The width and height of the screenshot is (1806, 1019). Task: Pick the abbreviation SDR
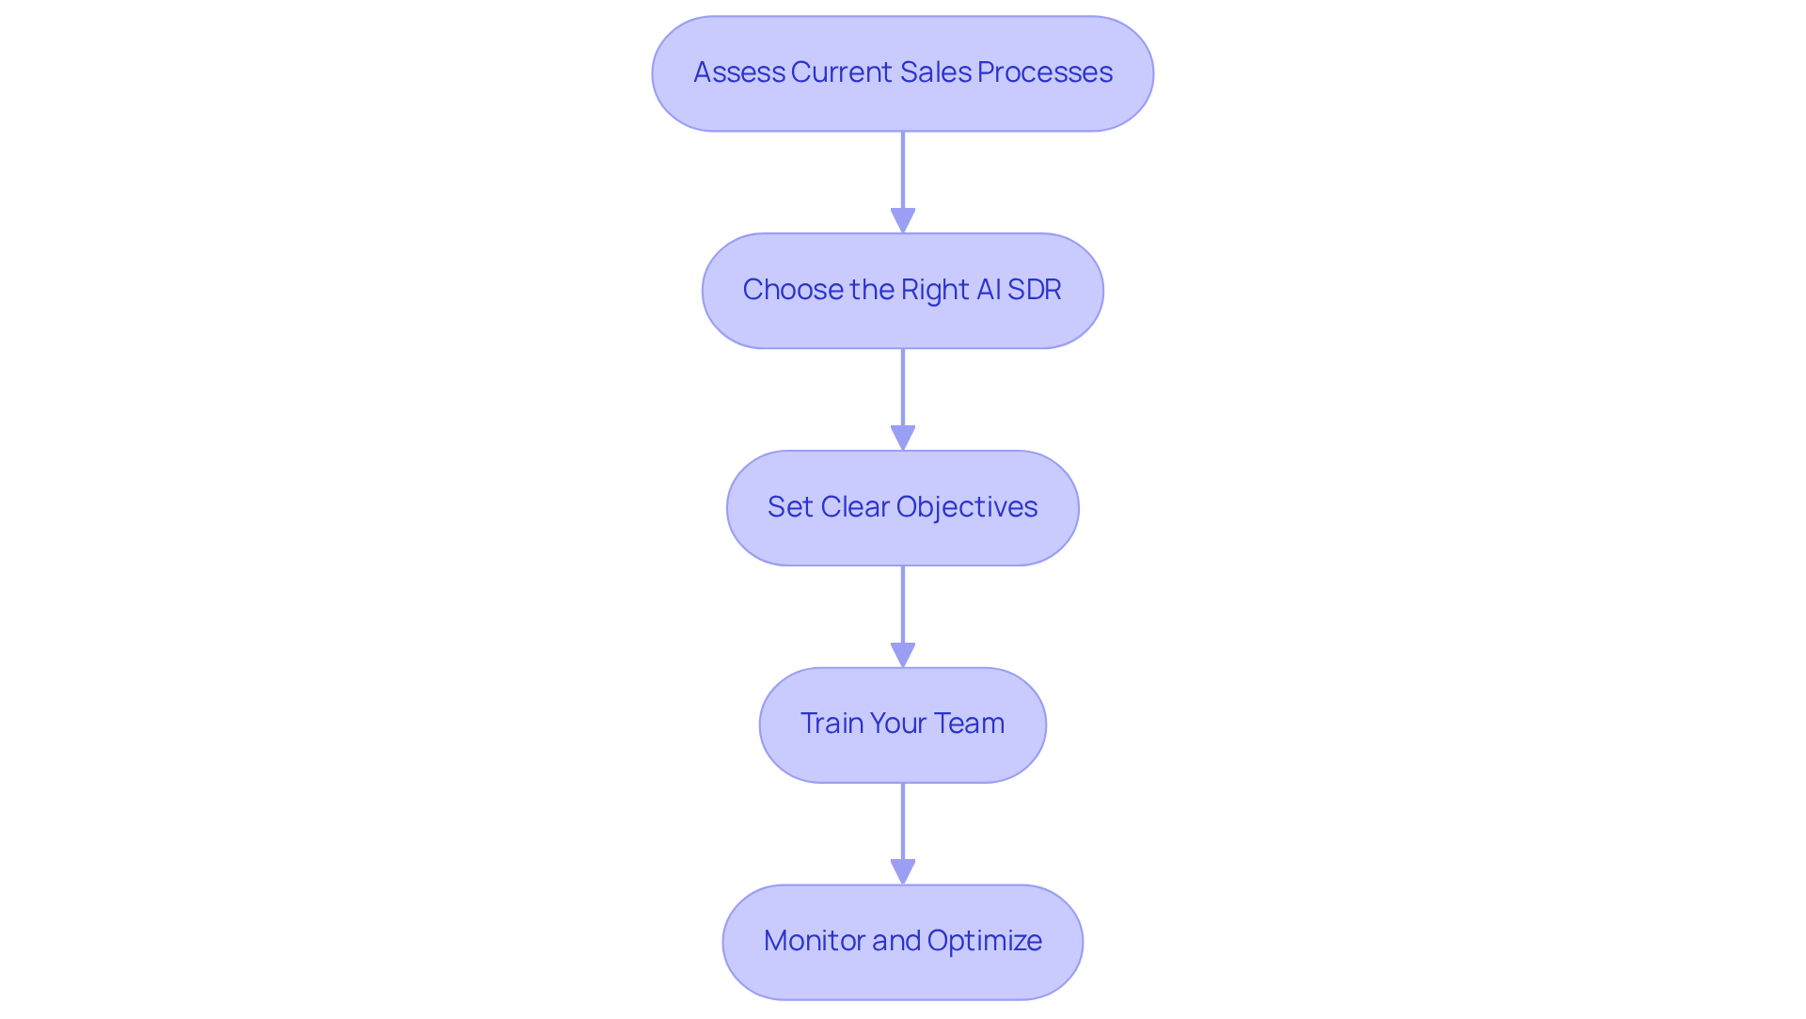click(1034, 290)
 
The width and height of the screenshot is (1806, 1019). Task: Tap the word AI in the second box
click(989, 290)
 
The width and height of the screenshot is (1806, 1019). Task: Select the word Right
click(935, 290)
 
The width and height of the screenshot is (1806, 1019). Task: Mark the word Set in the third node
click(790, 507)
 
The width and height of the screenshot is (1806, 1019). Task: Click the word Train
click(832, 724)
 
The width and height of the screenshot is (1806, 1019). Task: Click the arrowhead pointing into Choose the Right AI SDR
click(903, 221)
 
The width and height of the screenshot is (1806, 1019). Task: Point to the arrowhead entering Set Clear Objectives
click(903, 438)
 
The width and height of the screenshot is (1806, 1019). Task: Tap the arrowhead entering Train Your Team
click(903, 656)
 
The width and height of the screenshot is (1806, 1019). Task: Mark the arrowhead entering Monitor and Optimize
click(903, 872)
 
